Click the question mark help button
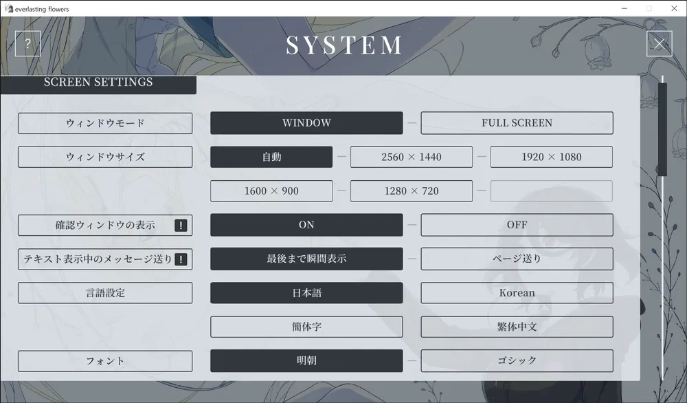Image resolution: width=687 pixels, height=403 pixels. click(x=27, y=44)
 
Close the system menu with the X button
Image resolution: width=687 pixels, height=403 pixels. click(x=659, y=44)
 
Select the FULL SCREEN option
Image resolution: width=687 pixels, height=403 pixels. click(x=517, y=123)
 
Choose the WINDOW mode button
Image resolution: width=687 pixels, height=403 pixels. click(x=306, y=123)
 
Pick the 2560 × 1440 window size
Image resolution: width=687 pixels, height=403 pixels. click(x=411, y=157)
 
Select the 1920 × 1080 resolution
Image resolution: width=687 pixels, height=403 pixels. click(x=551, y=157)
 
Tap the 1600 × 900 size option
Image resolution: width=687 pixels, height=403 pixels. click(x=271, y=190)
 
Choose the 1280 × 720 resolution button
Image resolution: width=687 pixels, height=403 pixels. click(x=411, y=190)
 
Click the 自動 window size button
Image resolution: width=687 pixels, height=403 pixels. click(x=271, y=157)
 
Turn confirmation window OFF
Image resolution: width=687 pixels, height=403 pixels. click(x=517, y=225)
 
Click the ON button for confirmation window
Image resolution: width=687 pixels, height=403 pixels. click(x=306, y=225)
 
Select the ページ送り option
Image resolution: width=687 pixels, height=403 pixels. click(x=517, y=259)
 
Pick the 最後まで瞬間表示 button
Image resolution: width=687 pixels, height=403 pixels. click(x=306, y=259)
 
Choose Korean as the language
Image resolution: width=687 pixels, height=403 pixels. click(x=517, y=293)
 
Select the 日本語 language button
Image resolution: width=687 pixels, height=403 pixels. click(x=306, y=293)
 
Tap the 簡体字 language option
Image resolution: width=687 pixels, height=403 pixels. click(x=306, y=327)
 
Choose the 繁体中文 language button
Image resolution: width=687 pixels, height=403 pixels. click(x=517, y=327)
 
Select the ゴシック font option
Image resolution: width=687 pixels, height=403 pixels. click(x=517, y=360)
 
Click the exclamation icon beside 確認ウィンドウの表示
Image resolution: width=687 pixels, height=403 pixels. click(x=181, y=226)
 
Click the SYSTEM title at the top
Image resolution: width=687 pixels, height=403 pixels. click(x=344, y=45)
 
